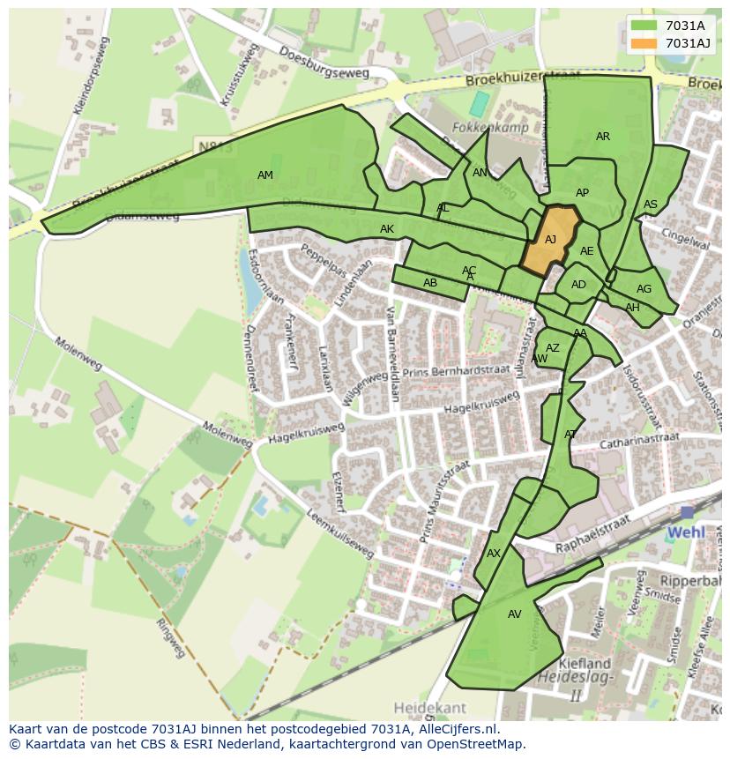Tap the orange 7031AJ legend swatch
click(644, 43)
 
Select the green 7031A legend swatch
click(644, 26)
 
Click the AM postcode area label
click(265, 175)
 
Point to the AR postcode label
click(603, 137)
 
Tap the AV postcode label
click(515, 614)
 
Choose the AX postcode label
click(494, 554)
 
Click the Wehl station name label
click(686, 533)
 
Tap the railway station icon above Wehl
click(687, 513)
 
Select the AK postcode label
click(387, 229)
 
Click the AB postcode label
click(430, 283)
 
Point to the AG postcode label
click(644, 289)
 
